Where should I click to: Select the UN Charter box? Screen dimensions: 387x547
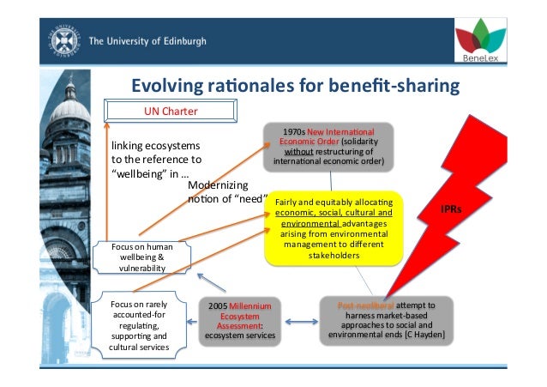coord(170,111)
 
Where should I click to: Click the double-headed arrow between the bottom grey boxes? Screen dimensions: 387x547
coord(300,322)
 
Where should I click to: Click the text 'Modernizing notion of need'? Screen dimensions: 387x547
coord(225,193)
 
